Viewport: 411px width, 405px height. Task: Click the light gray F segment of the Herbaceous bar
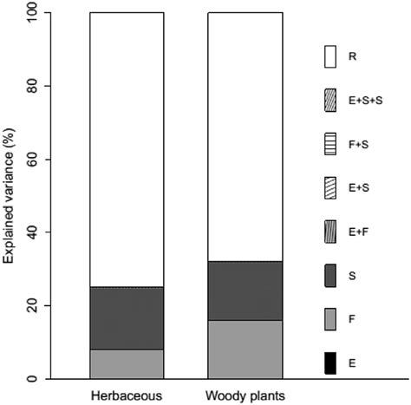coord(127,363)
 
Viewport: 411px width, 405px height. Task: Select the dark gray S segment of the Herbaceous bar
coord(127,318)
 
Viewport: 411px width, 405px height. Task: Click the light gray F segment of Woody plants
coord(245,349)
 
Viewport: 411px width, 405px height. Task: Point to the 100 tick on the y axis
coord(31,13)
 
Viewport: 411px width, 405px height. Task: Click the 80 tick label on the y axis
coord(31,86)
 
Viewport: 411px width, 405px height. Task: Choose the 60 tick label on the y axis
coord(31,160)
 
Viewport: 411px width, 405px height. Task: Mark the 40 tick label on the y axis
coord(31,232)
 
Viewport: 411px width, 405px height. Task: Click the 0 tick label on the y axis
coord(31,379)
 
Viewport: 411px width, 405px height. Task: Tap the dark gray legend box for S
coord(329,276)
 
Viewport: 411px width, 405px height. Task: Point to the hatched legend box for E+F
coord(329,232)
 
